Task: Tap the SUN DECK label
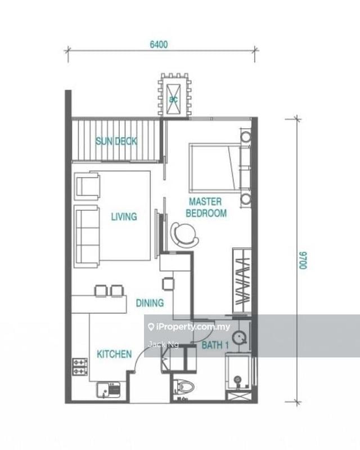click(116, 141)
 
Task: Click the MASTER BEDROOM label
click(208, 208)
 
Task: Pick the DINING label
click(150, 303)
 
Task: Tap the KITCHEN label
click(114, 354)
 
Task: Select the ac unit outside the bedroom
click(174, 96)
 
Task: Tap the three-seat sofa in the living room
click(87, 236)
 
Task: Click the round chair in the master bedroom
click(184, 233)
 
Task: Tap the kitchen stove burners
click(78, 367)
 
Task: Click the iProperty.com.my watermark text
click(185, 326)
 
